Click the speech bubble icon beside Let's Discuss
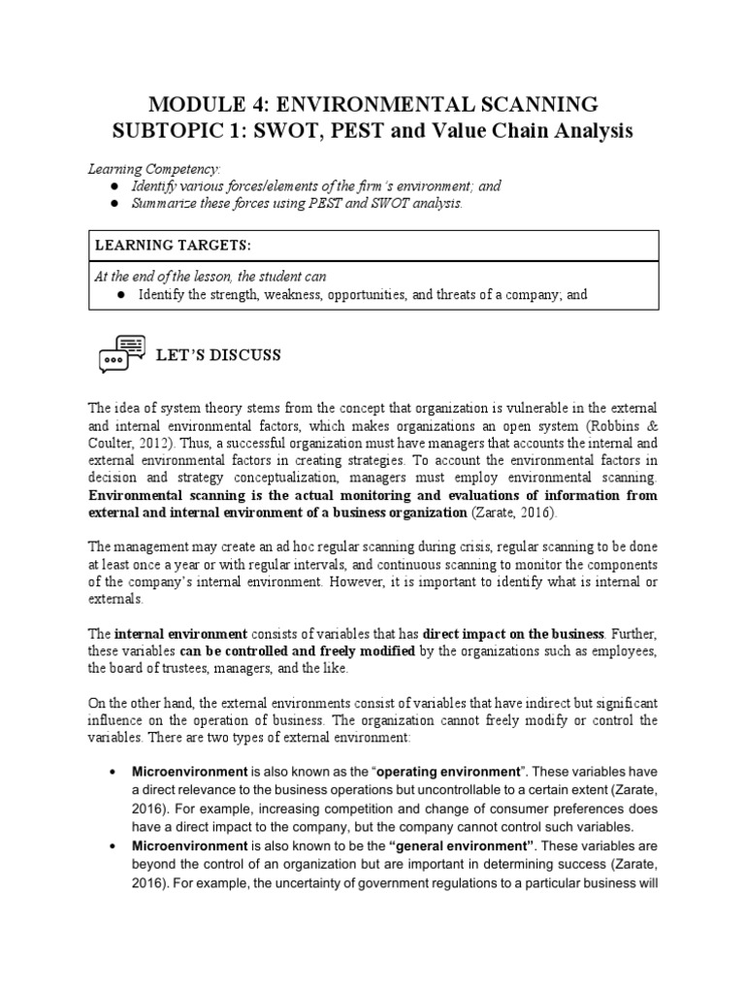tap(121, 354)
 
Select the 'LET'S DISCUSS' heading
tap(219, 355)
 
